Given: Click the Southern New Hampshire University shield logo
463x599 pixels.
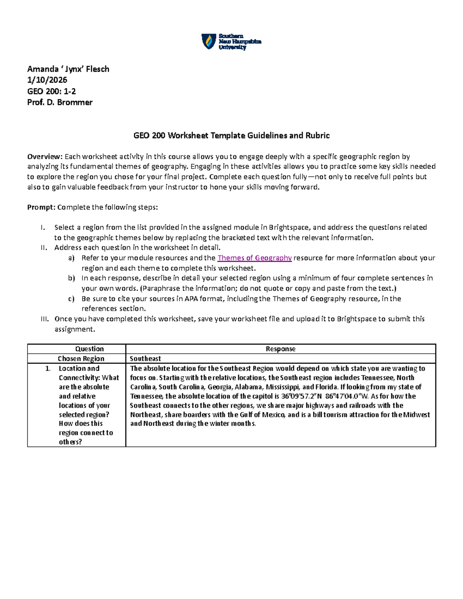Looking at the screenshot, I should point(209,41).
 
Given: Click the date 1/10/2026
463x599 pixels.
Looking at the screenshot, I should point(47,80).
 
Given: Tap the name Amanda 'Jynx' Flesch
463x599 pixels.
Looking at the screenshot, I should point(68,69).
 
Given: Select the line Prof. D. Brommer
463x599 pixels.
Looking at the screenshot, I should point(60,102).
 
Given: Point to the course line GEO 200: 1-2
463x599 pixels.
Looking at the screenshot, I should point(51,91).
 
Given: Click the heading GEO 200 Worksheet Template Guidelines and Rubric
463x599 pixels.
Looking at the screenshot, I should point(231,135).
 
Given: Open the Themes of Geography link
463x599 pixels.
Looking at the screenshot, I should point(255,258).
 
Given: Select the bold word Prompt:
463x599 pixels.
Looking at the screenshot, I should point(41,207).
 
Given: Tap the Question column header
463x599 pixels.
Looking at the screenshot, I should point(90,349).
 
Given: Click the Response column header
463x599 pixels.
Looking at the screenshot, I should point(281,349).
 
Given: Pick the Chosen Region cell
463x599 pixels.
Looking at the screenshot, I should point(81,358).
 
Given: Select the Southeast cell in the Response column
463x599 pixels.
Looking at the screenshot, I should point(145,358).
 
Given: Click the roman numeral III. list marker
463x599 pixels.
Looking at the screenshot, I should point(45,319).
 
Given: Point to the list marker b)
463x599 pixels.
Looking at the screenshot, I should point(71,278).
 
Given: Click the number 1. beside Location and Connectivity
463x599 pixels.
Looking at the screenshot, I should point(48,368).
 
